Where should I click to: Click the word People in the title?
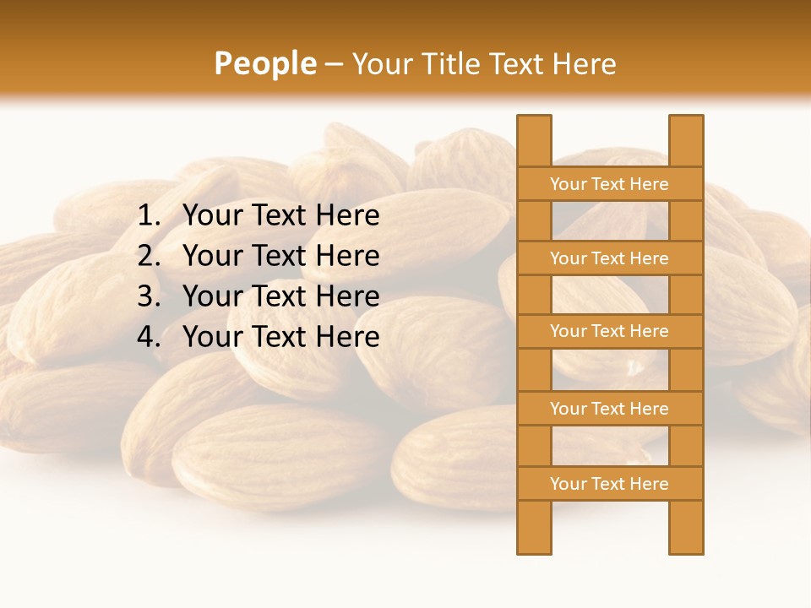point(264,63)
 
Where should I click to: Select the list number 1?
point(149,216)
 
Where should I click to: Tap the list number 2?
point(149,256)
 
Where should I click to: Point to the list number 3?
point(149,296)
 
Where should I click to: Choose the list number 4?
point(149,337)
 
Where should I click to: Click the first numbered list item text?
point(280,216)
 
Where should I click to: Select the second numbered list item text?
point(280,256)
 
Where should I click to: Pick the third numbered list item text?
point(280,296)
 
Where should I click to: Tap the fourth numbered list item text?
point(280,337)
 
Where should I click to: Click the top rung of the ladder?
point(609,184)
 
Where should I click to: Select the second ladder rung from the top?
point(609,258)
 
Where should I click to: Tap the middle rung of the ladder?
point(609,331)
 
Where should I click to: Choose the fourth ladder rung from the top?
point(609,409)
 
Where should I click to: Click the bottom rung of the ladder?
point(609,484)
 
